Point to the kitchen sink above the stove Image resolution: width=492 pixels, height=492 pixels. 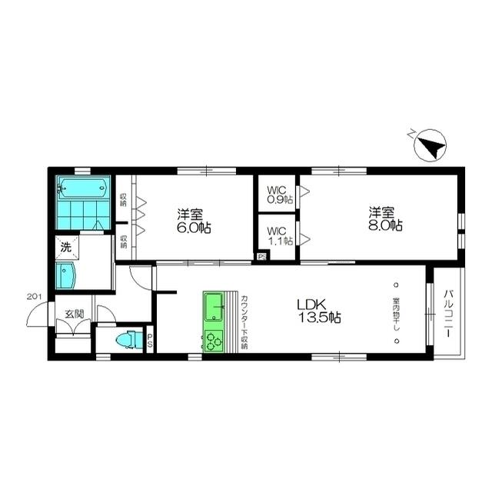[213, 309]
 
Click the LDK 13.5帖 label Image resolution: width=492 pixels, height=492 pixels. [320, 311]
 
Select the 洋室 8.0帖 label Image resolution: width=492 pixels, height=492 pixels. [384, 219]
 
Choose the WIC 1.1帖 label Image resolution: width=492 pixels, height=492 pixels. [280, 234]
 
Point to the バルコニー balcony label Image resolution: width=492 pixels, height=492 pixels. [448, 315]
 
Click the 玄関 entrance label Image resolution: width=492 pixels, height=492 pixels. [74, 313]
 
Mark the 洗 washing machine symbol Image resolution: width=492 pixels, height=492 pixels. [66, 248]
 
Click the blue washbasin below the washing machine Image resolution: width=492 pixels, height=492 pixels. [66, 274]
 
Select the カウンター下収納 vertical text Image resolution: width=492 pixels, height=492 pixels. [244, 322]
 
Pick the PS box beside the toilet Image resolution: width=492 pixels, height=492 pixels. [150, 341]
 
